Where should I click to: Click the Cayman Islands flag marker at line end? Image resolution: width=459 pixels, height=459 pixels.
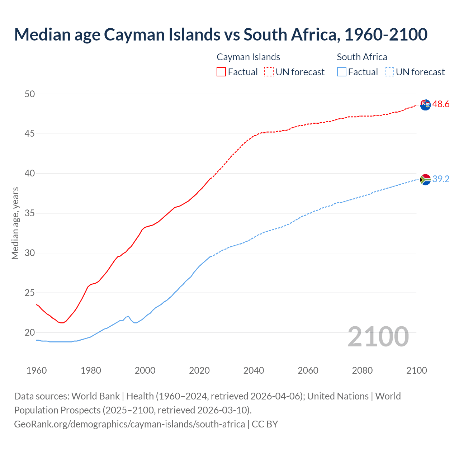[x=425, y=105]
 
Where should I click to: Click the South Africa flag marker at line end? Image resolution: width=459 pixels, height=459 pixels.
[x=425, y=179]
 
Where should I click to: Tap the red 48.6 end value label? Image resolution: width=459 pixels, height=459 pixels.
[x=441, y=104]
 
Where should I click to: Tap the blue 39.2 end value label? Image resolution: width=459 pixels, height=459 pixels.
[x=441, y=179]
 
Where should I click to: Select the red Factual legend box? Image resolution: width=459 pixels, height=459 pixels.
[x=221, y=72]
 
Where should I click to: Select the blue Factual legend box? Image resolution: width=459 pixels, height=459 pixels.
[x=342, y=72]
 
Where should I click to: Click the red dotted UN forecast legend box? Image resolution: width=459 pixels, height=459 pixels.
[x=269, y=72]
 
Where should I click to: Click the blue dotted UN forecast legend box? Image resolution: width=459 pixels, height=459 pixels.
[x=389, y=72]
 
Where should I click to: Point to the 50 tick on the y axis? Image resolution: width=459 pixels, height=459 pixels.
[x=30, y=94]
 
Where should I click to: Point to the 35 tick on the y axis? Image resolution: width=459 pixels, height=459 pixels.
[x=30, y=213]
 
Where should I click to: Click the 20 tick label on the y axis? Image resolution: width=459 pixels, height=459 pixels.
[x=30, y=332]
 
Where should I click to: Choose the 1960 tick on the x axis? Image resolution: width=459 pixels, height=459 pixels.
[x=37, y=370]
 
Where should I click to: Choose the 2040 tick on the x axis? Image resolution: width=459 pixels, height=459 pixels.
[x=254, y=370]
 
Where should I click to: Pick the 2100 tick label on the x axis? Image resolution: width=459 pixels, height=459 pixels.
[x=417, y=370]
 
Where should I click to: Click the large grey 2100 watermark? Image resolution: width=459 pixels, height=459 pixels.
[x=378, y=336]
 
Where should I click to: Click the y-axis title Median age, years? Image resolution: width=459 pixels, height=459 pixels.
[x=15, y=223]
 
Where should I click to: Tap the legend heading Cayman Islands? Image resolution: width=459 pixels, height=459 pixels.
[x=248, y=57]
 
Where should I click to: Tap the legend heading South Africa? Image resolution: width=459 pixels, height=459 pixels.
[x=362, y=57]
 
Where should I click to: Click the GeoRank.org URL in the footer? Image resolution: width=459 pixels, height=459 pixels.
[x=129, y=424]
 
